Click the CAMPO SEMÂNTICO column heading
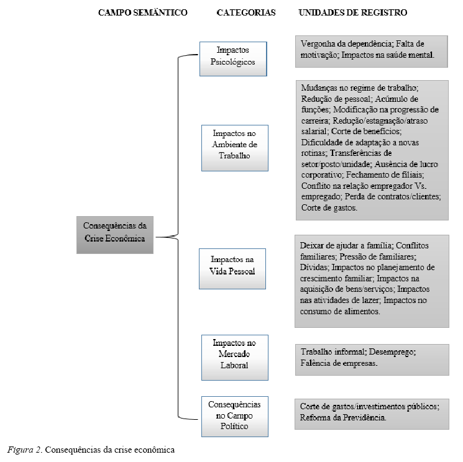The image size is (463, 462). click(143, 12)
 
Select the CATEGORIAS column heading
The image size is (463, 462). click(246, 12)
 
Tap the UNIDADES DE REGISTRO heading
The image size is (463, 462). click(353, 12)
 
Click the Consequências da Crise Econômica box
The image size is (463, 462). click(115, 234)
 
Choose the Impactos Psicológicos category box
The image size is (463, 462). click(233, 58)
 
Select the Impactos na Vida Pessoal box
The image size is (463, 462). click(232, 268)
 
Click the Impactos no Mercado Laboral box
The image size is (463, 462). click(234, 357)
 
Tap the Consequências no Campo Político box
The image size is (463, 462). click(234, 415)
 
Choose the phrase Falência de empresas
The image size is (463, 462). click(339, 363)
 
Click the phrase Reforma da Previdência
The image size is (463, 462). click(343, 418)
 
